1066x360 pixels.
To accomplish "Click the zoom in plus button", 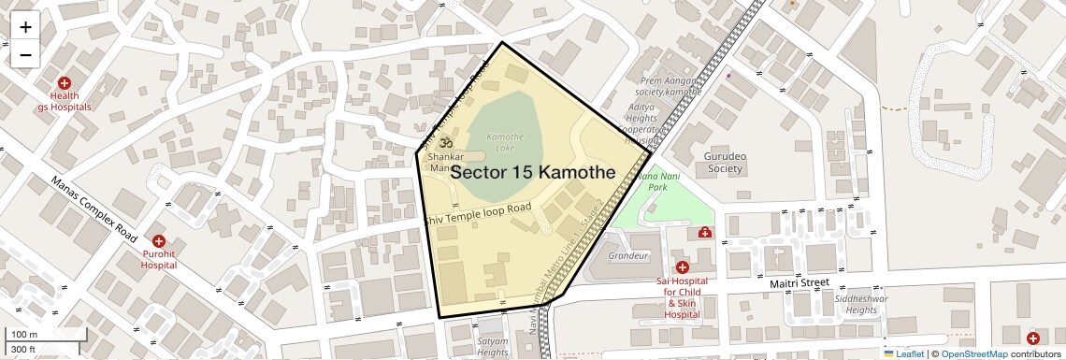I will [25, 27].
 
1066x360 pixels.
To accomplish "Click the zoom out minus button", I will [25, 54].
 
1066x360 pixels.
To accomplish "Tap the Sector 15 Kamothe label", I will [532, 173].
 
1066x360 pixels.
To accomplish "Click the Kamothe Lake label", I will [505, 142].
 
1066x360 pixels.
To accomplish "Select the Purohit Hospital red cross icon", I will [159, 241].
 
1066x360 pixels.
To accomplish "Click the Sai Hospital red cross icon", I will [682, 267].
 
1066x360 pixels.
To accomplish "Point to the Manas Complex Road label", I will [94, 209].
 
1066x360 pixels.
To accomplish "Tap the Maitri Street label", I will [799, 282].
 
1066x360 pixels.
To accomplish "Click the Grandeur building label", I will [628, 255].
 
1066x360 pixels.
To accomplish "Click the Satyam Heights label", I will [493, 347].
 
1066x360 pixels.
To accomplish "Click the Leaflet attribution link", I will [904, 354].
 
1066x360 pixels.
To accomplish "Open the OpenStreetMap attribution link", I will [974, 354].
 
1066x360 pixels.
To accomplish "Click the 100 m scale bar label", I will [24, 335].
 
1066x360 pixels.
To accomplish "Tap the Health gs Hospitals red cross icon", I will [65, 83].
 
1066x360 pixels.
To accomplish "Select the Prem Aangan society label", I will [669, 86].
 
